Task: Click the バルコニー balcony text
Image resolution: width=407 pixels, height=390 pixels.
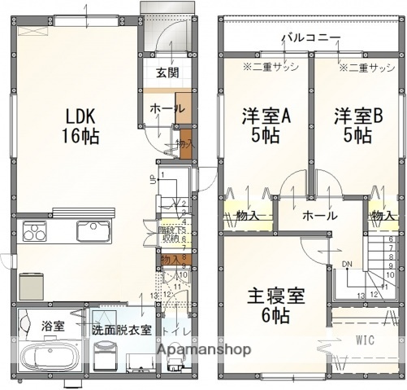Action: [x=312, y=37]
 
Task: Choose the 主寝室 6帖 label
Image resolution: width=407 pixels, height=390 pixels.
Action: [x=277, y=305]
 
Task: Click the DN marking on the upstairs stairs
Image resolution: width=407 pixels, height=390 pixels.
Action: [x=346, y=264]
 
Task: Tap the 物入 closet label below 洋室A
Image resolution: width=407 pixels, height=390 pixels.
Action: [x=246, y=216]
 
